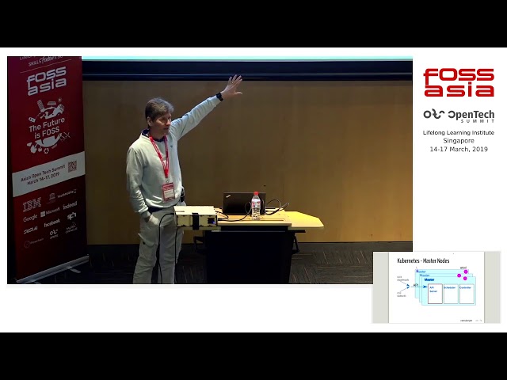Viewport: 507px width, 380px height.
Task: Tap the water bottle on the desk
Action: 255,204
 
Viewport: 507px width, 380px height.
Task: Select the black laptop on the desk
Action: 237,203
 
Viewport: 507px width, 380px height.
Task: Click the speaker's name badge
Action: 168,191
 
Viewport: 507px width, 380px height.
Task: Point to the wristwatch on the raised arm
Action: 219,97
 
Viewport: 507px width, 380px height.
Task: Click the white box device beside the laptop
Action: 196,216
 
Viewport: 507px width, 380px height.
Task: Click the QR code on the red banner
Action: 71,166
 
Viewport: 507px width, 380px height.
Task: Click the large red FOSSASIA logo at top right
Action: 459,82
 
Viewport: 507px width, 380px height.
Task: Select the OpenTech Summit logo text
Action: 459,116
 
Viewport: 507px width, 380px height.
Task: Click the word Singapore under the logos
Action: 459,141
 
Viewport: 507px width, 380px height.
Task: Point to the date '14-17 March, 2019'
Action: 459,149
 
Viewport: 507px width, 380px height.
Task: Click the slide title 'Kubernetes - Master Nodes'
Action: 423,261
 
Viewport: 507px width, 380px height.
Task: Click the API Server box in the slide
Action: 434,293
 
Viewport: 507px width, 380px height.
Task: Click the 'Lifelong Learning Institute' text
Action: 459,132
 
